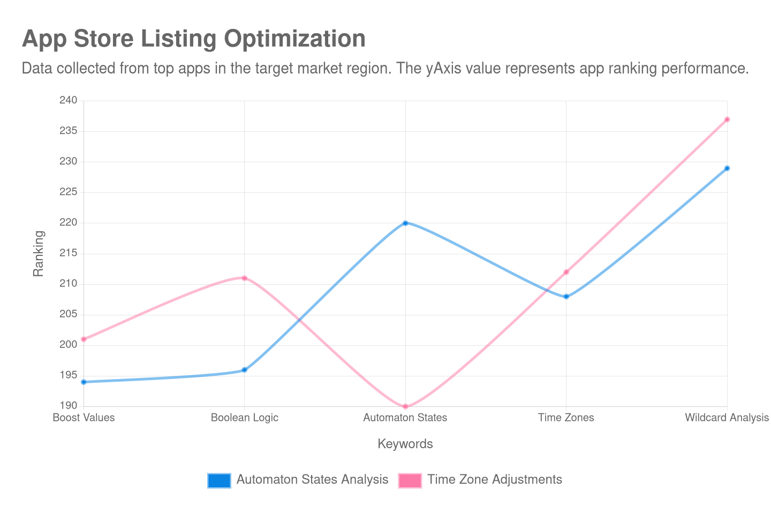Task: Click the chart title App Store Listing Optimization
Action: pos(193,39)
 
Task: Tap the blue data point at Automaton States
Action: pos(405,223)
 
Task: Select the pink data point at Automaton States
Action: pos(405,407)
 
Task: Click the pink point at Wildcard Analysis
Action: pos(727,119)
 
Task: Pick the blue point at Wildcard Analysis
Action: pos(727,168)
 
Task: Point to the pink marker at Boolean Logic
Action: pos(245,278)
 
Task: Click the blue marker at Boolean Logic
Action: pos(245,370)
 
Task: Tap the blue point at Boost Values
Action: pos(84,382)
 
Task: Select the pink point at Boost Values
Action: pos(84,339)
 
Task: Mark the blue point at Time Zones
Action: pos(566,297)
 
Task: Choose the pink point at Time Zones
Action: pos(566,272)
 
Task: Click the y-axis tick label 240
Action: pos(68,100)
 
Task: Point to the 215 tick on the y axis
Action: pos(68,253)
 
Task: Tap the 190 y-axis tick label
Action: pos(68,405)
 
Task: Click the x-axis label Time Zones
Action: pos(566,418)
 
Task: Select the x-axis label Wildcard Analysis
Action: pos(727,418)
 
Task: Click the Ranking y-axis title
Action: pos(38,253)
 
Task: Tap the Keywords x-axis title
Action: pos(405,444)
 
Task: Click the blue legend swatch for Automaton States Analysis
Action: pos(218,480)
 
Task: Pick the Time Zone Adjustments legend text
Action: pos(495,480)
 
